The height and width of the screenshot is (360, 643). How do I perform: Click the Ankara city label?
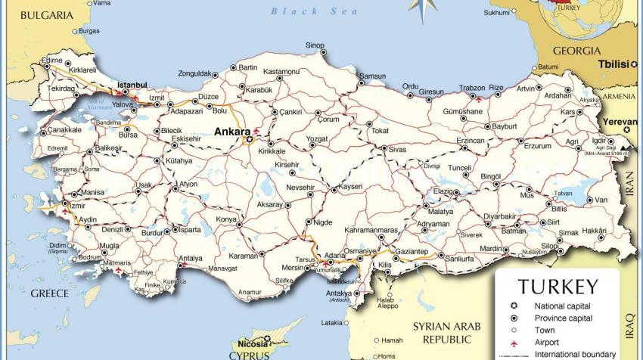232,131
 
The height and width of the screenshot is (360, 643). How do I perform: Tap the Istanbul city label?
130,85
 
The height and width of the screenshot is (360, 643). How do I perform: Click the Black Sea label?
304,11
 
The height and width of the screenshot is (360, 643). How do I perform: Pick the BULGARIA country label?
47,15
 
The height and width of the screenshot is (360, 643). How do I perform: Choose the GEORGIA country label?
576,51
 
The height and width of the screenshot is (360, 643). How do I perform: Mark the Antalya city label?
190,258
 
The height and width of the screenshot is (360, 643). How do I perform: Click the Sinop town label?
315,45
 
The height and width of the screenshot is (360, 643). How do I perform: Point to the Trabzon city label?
472,88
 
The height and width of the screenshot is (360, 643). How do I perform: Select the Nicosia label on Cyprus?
250,343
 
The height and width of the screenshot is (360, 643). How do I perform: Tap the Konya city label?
226,219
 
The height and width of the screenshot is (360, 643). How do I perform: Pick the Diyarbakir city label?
499,216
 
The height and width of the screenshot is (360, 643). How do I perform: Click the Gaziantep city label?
412,251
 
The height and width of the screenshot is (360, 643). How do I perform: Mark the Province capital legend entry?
564,318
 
